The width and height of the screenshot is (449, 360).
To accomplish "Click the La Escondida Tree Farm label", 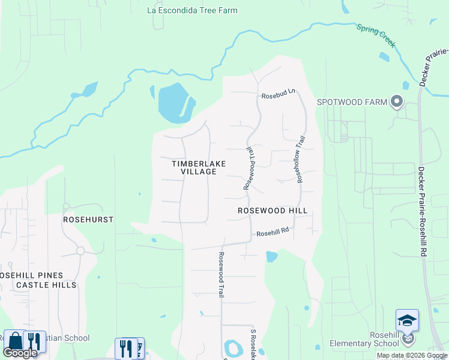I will point(192,10).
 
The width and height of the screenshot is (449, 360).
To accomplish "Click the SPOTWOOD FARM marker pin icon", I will point(396,102).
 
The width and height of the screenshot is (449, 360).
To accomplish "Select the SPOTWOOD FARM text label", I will point(352,102).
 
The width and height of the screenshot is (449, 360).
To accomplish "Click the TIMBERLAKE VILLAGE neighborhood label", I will point(194,167).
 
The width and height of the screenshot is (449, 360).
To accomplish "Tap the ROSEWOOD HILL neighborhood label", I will point(273,211).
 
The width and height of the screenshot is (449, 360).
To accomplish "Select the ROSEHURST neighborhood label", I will point(88,220).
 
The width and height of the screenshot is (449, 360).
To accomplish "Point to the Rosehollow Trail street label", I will point(301,159).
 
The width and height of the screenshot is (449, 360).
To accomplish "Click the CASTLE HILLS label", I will point(47,285).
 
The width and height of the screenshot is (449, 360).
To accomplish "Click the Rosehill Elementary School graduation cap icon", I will point(407,320).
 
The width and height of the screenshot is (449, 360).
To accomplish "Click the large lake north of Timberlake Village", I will point(173,102).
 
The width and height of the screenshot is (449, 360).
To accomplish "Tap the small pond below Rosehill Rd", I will point(271,257).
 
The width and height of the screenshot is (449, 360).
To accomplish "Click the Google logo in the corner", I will point(20,353).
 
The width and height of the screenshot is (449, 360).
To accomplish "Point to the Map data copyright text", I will point(411,355).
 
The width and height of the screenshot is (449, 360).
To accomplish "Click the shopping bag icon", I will point(14,341).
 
